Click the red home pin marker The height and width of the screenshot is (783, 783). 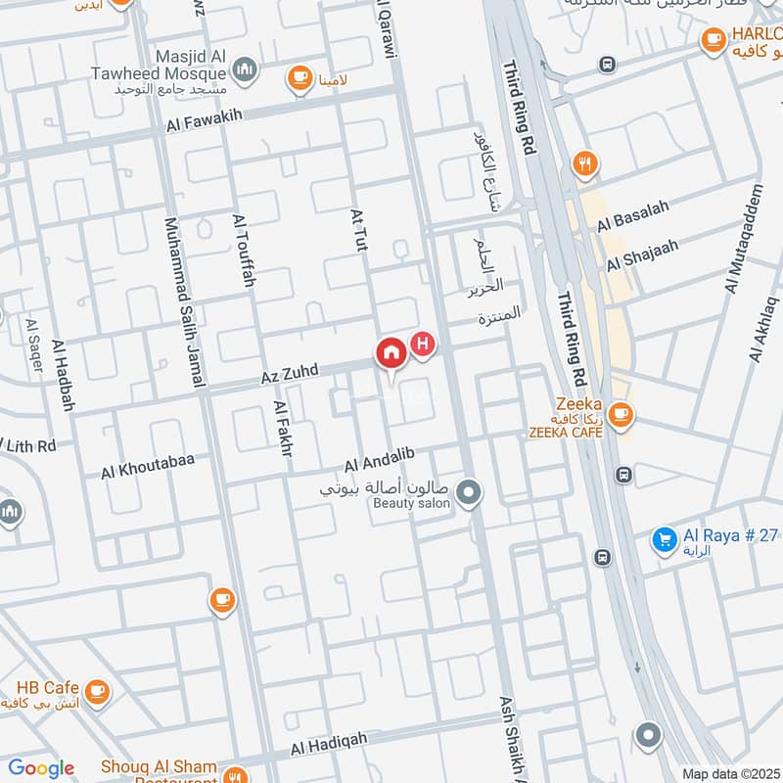(390, 353)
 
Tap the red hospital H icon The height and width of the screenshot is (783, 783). (423, 345)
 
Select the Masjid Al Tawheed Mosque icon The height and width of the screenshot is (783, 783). (245, 69)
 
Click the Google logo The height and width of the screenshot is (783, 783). (41, 768)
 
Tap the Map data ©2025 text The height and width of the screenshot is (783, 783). (730, 773)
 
